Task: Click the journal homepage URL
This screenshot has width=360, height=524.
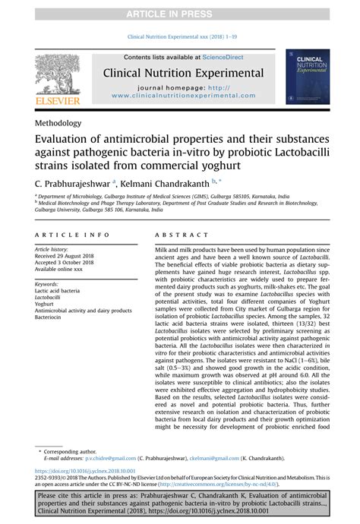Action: click(x=188, y=96)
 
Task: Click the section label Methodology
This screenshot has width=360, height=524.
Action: click(x=57, y=123)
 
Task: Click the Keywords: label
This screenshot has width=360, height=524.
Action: click(x=47, y=283)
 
